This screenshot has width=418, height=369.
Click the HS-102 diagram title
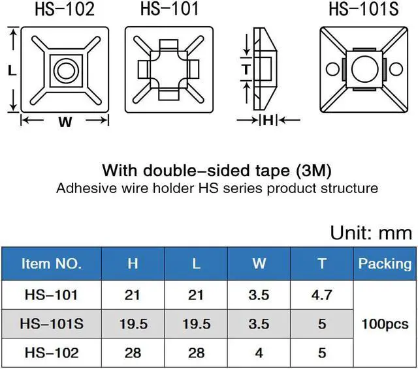(65, 8)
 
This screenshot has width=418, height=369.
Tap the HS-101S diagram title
(364, 8)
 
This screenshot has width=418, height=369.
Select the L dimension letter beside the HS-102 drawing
(12, 71)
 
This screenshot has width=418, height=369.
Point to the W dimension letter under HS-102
(65, 122)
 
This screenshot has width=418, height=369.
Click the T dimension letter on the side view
(247, 70)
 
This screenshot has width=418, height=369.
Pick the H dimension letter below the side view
(268, 121)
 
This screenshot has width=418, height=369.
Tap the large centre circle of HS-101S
(365, 69)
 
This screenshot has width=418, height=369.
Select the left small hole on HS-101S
(332, 69)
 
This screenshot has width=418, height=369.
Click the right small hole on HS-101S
(396, 69)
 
